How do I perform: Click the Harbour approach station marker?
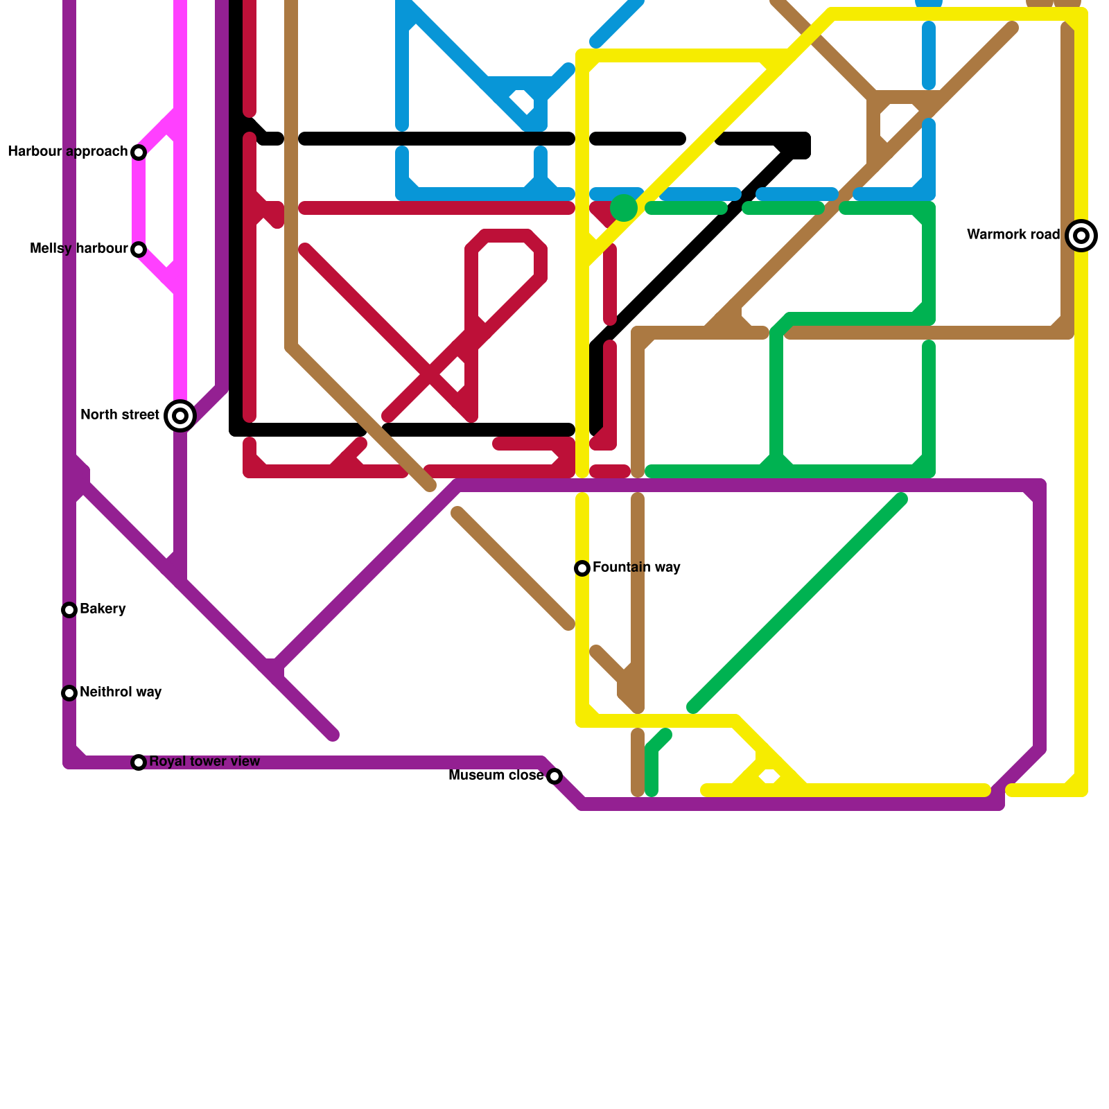point(139,152)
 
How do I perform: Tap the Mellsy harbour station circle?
point(139,250)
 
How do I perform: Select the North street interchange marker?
point(180,416)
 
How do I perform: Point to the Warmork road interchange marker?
point(1081,236)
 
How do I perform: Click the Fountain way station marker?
point(582,568)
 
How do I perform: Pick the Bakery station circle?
point(69,610)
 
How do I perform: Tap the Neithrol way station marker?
point(69,693)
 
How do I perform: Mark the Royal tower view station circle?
point(139,762)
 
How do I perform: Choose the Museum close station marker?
point(554,776)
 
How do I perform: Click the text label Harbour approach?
point(67,152)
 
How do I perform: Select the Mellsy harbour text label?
point(79,249)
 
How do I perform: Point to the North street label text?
point(120,415)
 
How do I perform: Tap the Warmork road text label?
point(1013,235)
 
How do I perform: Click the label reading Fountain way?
point(636,568)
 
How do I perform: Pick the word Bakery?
point(103,609)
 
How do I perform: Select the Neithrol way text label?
point(121,692)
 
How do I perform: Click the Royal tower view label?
point(204,762)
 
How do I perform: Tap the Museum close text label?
point(496,776)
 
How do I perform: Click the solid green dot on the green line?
point(624,208)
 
